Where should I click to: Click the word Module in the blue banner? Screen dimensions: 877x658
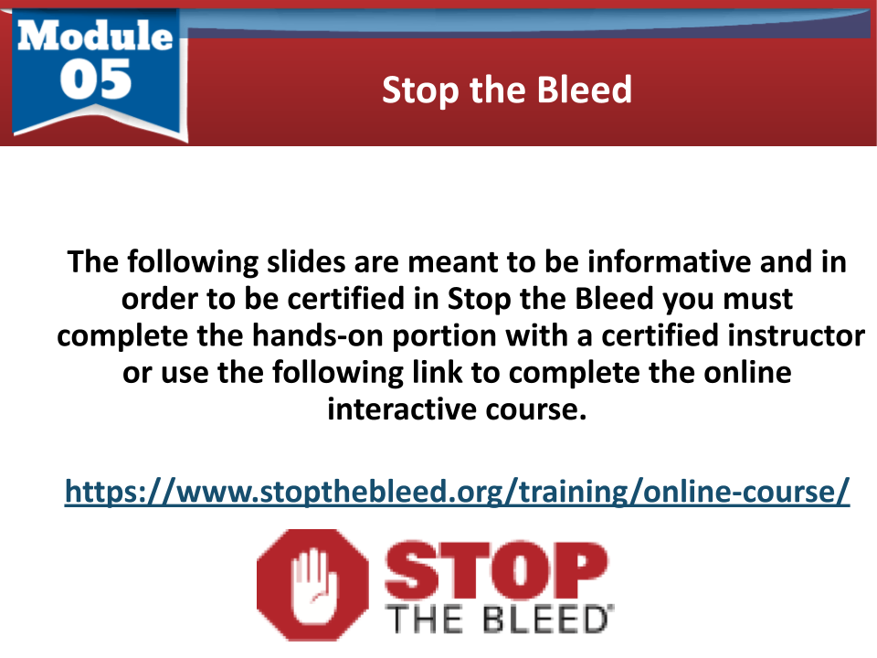click(x=95, y=36)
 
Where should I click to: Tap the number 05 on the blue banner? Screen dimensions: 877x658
click(x=96, y=80)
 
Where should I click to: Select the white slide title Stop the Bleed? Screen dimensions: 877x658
click(x=507, y=90)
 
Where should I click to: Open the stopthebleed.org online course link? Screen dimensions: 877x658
click(x=457, y=492)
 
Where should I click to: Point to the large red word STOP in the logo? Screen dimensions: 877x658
click(x=496, y=570)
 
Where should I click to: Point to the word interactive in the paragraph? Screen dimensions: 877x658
click(x=402, y=409)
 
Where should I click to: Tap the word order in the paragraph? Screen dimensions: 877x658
click(x=160, y=300)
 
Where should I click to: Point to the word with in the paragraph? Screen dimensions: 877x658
click(x=536, y=335)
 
